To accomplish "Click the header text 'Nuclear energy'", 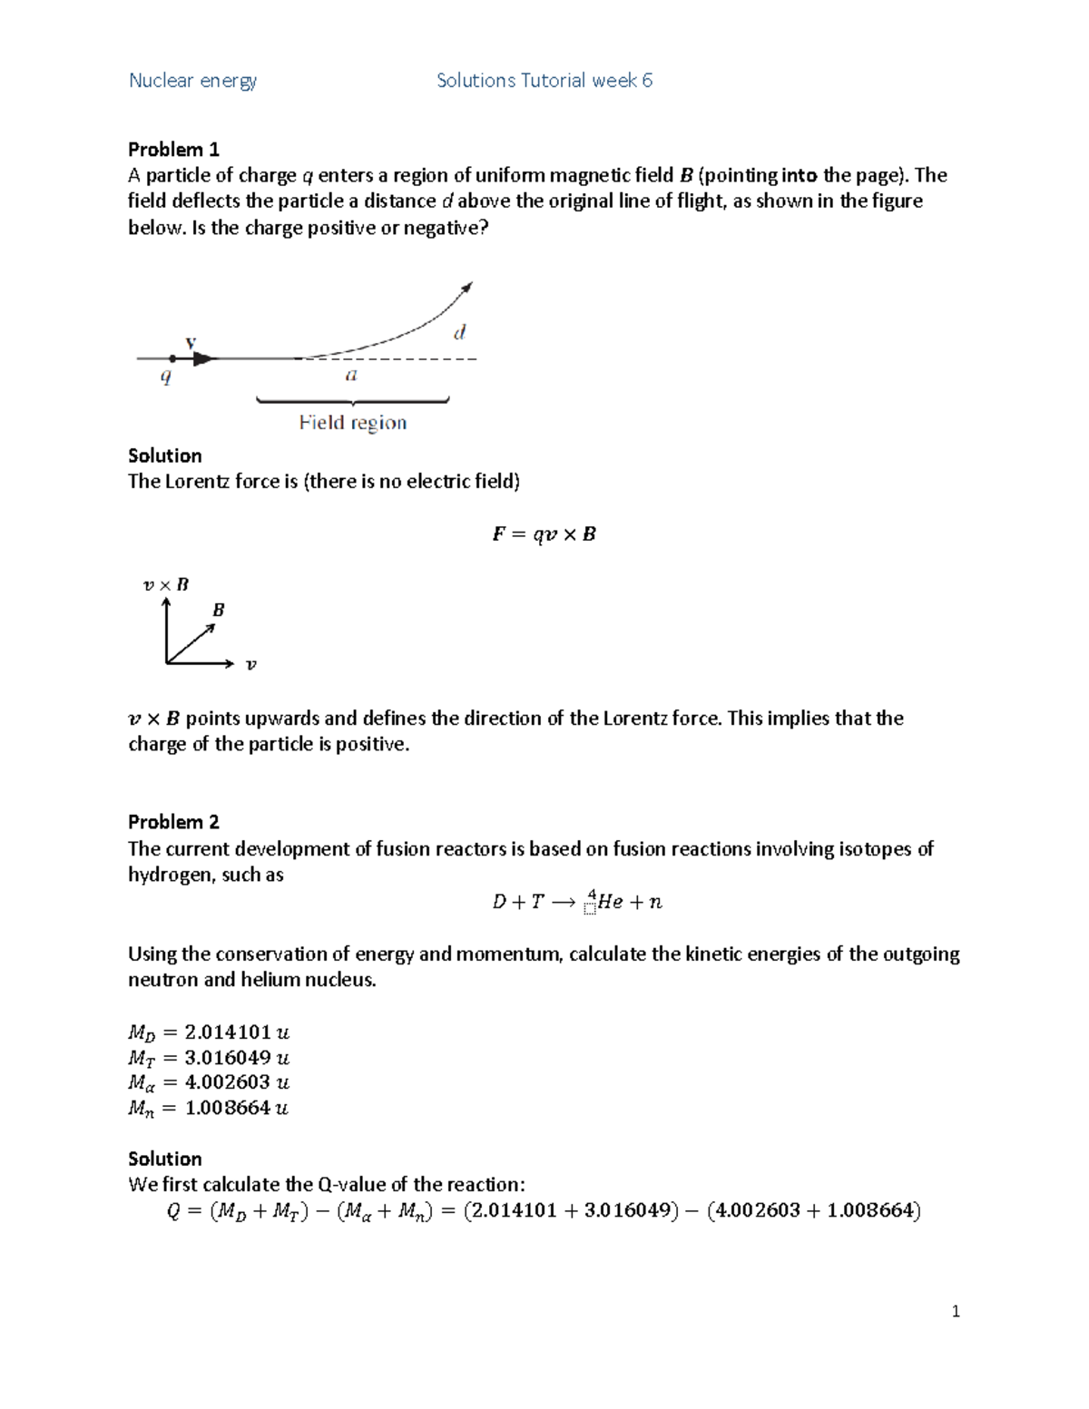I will [x=192, y=81].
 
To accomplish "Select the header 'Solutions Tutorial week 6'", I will [x=544, y=81].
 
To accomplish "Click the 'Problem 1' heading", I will [x=173, y=150].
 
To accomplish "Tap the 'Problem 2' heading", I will [x=173, y=822].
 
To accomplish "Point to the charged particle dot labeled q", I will [x=172, y=358].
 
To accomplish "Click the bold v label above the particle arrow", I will [x=191, y=343].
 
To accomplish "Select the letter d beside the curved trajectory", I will [x=459, y=333].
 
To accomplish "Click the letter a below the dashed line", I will [x=351, y=376].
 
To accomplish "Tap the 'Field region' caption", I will [x=353, y=423].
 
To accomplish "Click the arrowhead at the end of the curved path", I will [x=467, y=288].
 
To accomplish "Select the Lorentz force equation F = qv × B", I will [x=544, y=534].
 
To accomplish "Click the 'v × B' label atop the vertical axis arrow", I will [x=166, y=585].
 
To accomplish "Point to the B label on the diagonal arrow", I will [x=218, y=611].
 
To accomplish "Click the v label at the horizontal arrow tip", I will [x=251, y=665].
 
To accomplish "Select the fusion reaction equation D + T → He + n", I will [x=577, y=902].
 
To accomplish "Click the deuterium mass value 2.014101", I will [x=228, y=1032].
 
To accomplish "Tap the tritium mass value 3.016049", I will [x=228, y=1058].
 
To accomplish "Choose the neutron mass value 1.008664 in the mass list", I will [x=228, y=1108].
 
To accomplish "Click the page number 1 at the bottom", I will [x=956, y=1311].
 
